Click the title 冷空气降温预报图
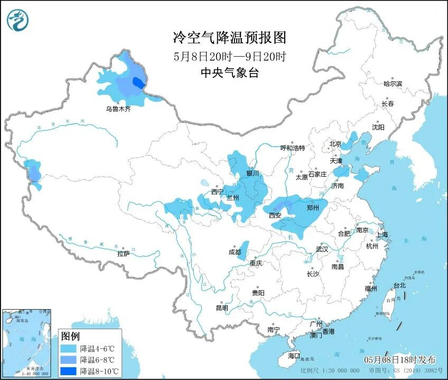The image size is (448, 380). coord(229,38)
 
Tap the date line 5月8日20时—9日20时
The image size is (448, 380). coord(229,56)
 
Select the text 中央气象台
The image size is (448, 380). coord(229,74)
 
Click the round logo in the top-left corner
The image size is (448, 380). coord(18,20)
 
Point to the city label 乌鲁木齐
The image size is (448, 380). coord(117,109)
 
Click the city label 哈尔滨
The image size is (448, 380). coord(393,84)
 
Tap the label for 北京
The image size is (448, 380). coord(335,143)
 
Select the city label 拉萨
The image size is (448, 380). coord(123,254)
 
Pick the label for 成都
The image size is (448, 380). coord(235,252)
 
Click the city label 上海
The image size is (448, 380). coord(381,234)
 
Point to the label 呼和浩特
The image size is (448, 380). coord(292,148)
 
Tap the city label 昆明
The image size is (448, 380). coord(222,308)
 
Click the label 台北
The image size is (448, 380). coord(399,285)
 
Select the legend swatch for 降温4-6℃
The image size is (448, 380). coord(69,349)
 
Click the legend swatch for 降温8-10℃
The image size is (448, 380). coord(69,370)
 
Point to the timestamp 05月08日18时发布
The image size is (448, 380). coord(399,359)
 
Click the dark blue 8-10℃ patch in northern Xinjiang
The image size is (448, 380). coord(138,83)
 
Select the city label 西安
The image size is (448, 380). coord(275,215)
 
